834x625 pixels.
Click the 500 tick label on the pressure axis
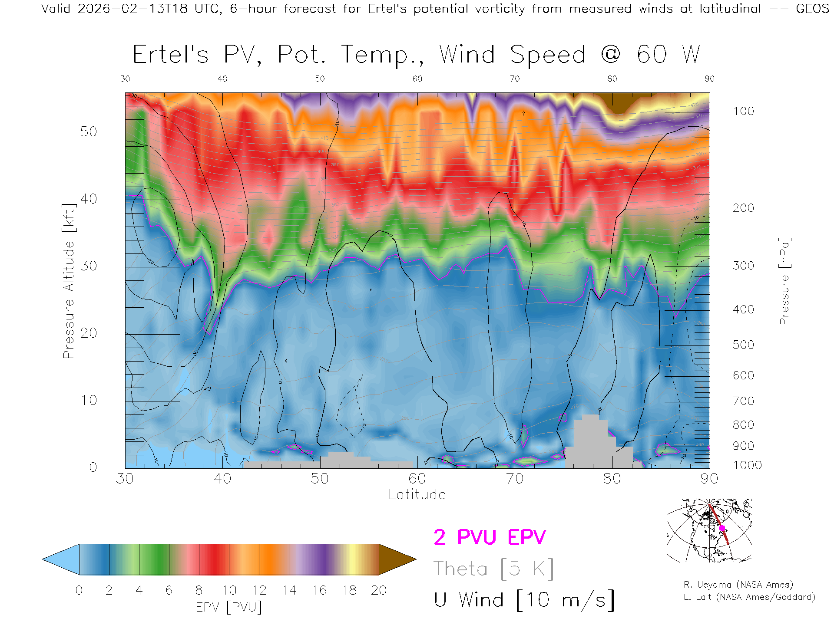click(743, 345)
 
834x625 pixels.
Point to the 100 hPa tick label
click(743, 111)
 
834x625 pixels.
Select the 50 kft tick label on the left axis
click(88, 132)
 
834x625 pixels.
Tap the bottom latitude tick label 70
click(515, 479)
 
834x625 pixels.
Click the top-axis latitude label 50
click(320, 79)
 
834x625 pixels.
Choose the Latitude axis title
click(417, 494)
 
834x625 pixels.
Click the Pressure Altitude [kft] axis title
click(69, 281)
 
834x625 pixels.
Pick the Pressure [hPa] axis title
click(784, 281)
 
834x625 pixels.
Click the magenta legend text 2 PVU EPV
click(490, 537)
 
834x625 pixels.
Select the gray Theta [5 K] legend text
click(493, 569)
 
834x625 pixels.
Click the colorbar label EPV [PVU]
click(229, 607)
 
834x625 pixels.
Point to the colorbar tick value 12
click(259, 590)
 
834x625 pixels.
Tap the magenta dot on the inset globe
click(722, 528)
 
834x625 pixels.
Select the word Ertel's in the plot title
click(171, 55)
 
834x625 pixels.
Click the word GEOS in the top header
click(812, 9)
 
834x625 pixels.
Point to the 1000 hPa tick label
click(747, 465)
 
